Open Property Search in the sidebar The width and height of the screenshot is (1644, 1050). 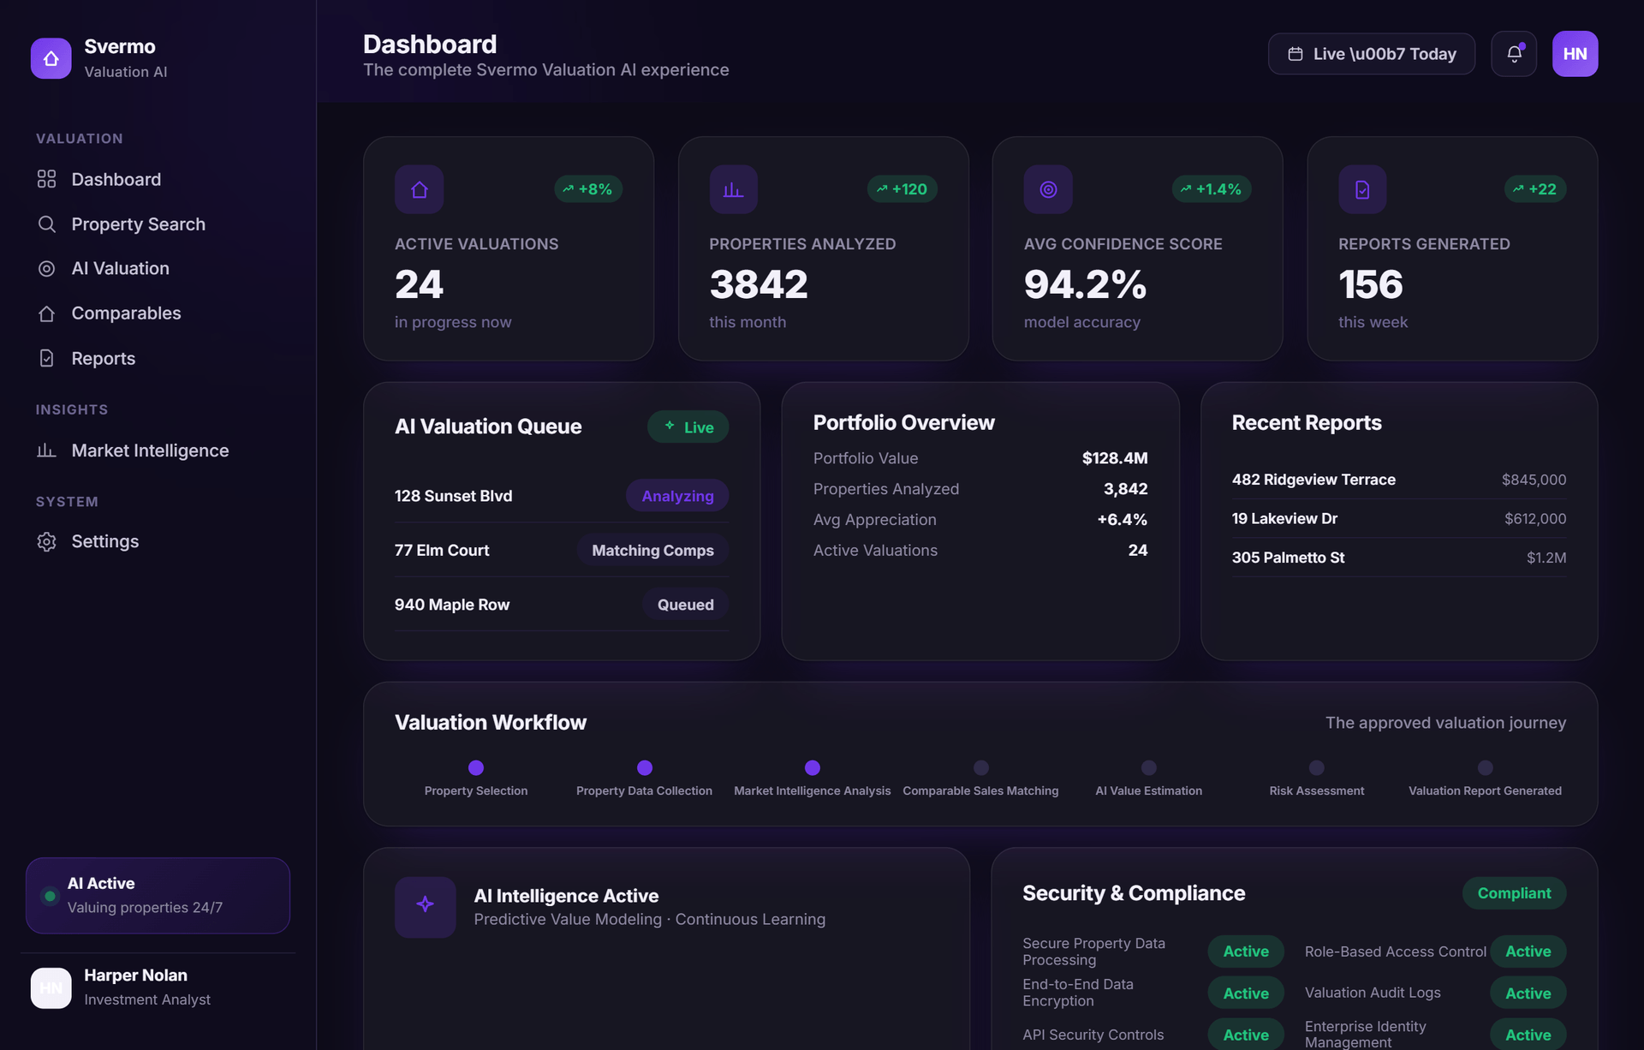(138, 224)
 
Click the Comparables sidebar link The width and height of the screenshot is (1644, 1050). (126, 313)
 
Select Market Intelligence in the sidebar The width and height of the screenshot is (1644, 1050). (150, 450)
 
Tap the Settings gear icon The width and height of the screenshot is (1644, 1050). (47, 541)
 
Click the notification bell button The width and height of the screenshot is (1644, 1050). (1514, 54)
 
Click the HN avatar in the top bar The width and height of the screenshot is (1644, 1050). (1575, 54)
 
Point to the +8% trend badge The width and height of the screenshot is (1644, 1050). (588, 189)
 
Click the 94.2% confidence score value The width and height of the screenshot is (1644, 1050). (1085, 284)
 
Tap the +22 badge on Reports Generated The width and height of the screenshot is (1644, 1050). (1535, 189)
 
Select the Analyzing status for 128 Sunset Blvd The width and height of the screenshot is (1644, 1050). (677, 496)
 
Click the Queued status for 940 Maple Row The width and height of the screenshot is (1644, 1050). (685, 605)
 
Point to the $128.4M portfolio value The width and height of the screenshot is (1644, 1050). (1115, 458)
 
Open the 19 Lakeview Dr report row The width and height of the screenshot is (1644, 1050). (1399, 518)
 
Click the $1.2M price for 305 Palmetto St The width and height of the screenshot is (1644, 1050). (1546, 558)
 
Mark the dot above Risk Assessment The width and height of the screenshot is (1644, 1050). (1317, 767)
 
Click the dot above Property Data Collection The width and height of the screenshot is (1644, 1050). (645, 767)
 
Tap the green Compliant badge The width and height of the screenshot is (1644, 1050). (1514, 893)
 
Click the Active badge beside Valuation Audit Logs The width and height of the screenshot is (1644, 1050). (1528, 993)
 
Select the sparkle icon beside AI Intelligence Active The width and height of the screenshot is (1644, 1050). (425, 904)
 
